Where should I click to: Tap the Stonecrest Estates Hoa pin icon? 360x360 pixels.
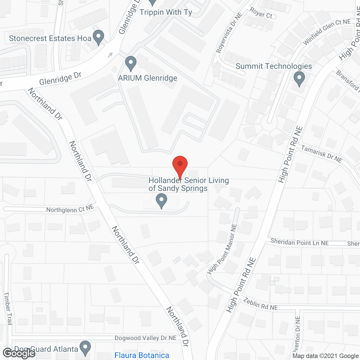tap(98, 37)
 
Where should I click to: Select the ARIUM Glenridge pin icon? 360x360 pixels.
tap(130, 64)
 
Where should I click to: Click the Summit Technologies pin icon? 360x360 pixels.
tap(299, 78)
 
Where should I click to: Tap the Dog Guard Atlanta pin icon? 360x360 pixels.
tap(85, 348)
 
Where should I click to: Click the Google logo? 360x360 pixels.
tap(19, 353)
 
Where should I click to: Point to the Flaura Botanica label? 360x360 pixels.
tap(142, 355)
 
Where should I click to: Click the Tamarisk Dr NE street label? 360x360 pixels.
tap(321, 154)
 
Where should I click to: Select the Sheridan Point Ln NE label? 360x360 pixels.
tap(300, 242)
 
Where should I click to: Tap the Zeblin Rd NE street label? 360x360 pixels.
tap(260, 304)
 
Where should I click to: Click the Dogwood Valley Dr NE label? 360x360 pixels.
tap(145, 338)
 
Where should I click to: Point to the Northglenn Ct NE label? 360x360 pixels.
tap(70, 209)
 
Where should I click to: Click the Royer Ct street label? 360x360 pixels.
tap(261, 13)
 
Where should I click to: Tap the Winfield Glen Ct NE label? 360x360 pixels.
tap(327, 31)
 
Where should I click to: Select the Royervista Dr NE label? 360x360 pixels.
tap(229, 33)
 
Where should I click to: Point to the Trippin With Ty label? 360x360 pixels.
tap(166, 12)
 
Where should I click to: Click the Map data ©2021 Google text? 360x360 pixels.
tap(325, 356)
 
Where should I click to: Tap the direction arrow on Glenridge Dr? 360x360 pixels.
tap(110, 55)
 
